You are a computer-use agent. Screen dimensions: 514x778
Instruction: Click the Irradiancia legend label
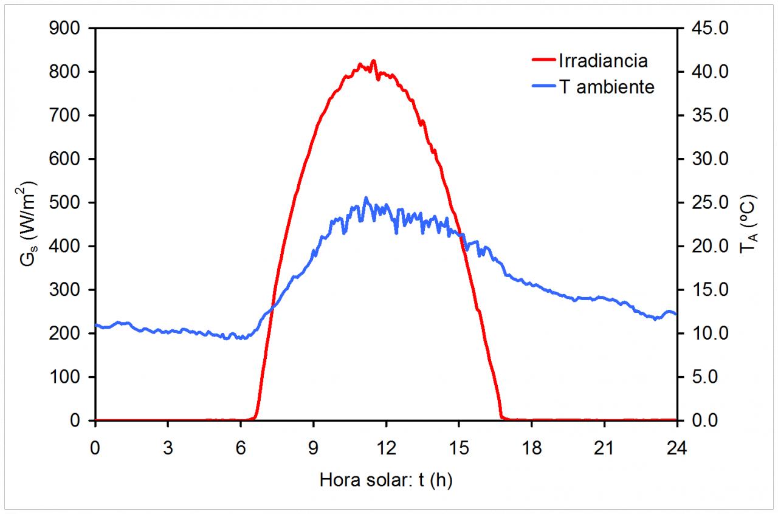pos(602,61)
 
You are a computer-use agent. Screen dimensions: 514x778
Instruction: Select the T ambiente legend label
pos(607,87)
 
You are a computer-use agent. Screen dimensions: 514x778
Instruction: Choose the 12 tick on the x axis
pos(386,449)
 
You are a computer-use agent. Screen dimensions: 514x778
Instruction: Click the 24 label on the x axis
pos(676,449)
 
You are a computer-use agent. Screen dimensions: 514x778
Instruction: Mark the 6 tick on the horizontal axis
pos(241,449)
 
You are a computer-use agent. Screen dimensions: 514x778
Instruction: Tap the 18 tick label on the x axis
pos(531,449)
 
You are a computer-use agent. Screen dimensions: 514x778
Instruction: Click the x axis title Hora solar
pos(386,480)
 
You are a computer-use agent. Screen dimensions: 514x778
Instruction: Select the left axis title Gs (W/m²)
pos(27,224)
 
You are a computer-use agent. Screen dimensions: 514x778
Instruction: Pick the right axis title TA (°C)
pos(747,224)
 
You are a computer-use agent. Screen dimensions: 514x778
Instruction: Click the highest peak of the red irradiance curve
pos(373,60)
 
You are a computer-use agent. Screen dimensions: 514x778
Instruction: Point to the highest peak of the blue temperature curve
pos(365,197)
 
